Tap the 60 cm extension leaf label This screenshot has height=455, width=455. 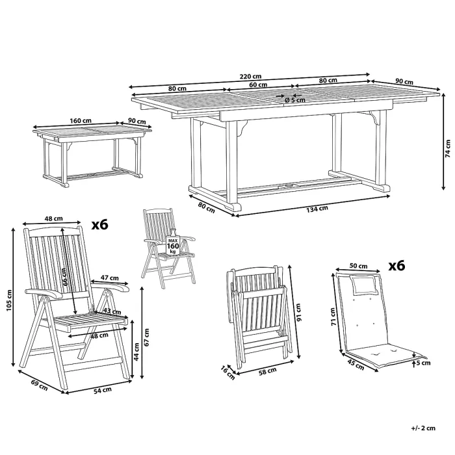click(257, 84)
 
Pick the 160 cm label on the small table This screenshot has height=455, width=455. click(80, 120)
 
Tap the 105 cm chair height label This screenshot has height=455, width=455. click(8, 300)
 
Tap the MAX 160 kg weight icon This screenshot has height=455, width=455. click(172, 246)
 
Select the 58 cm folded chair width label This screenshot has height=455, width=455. click(268, 371)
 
